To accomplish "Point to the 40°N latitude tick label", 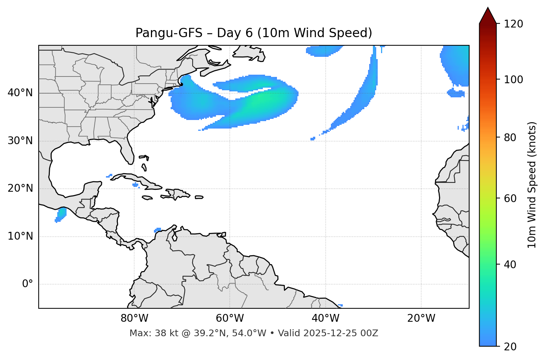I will [x=20, y=93].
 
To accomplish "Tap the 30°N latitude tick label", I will [x=20, y=141].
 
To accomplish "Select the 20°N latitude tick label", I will [x=20, y=188].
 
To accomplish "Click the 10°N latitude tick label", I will [x=20, y=236].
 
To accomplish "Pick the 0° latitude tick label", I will [x=28, y=284].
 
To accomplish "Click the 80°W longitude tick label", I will [x=134, y=318].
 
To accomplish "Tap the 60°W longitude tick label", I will [x=230, y=318].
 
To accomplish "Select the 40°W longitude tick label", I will [x=325, y=318].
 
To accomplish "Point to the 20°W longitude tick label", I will [x=421, y=318].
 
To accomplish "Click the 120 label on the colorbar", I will [x=513, y=24].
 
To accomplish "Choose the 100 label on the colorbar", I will [x=513, y=80].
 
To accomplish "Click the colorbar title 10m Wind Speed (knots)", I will [x=532, y=185].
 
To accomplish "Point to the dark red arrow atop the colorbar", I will [x=488, y=16].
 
